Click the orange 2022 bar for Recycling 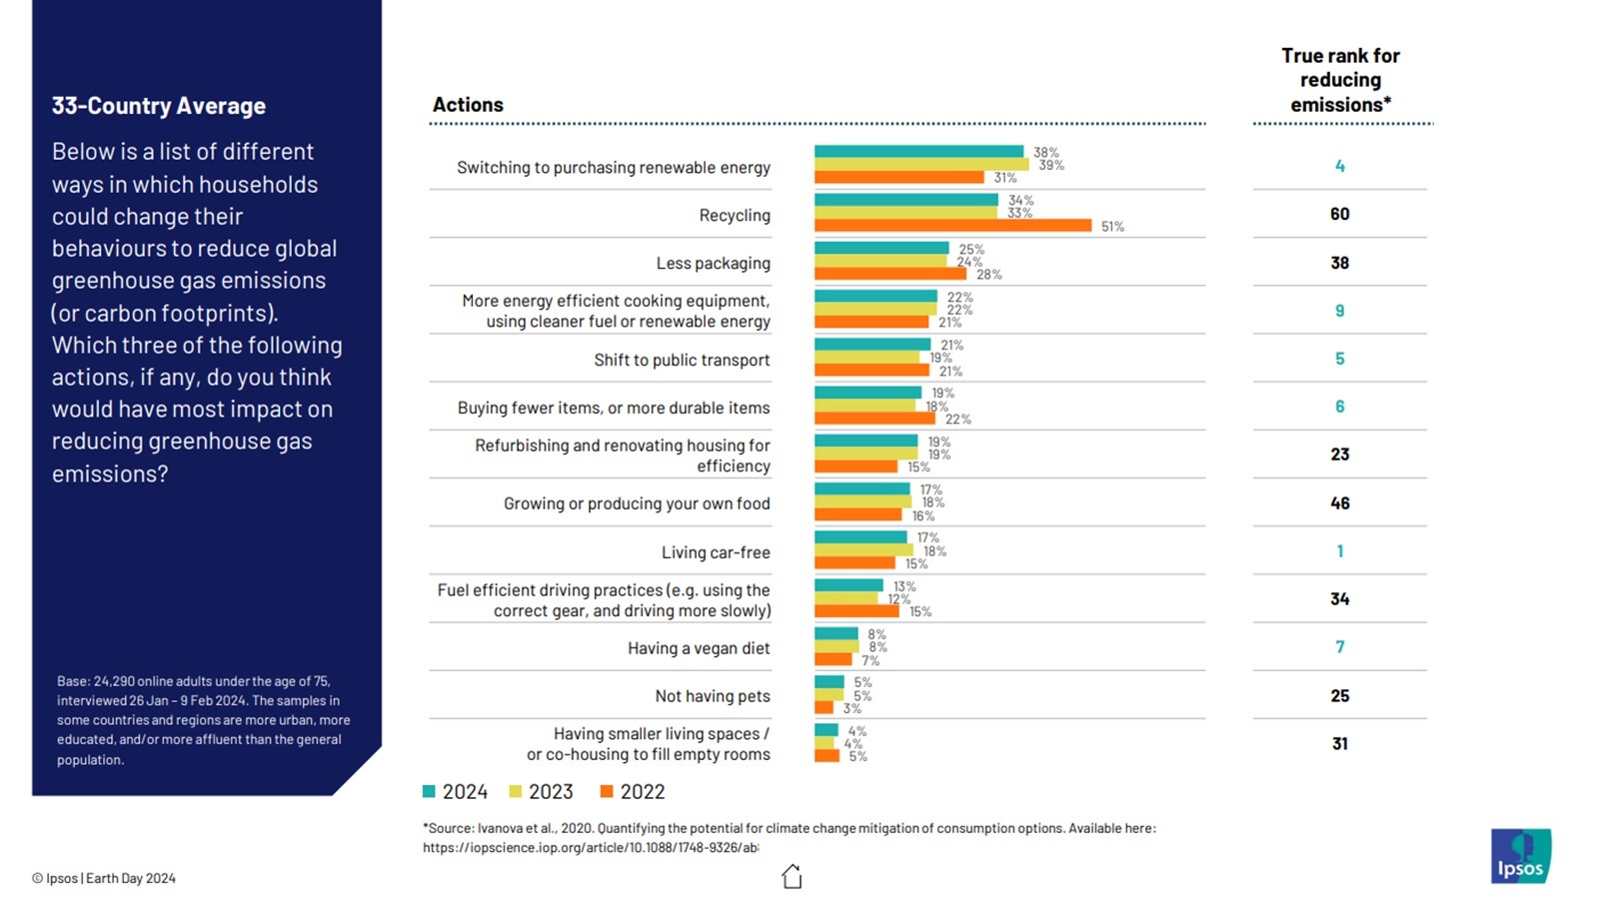(951, 226)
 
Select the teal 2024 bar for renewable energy (918, 152)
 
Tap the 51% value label (1112, 227)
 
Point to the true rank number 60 (1339, 214)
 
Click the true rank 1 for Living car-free (1339, 551)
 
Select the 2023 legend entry (542, 792)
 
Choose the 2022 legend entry (633, 792)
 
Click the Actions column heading (468, 105)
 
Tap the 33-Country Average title (159, 106)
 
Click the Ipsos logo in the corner (1520, 856)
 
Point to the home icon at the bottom (792, 876)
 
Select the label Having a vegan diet (699, 648)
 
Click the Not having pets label (713, 696)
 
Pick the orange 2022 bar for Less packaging (889, 274)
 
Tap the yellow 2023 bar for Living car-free (863, 550)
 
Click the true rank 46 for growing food (1339, 503)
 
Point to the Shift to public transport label (682, 360)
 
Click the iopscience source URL (590, 847)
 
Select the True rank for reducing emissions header (1340, 80)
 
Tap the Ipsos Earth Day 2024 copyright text (104, 878)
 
